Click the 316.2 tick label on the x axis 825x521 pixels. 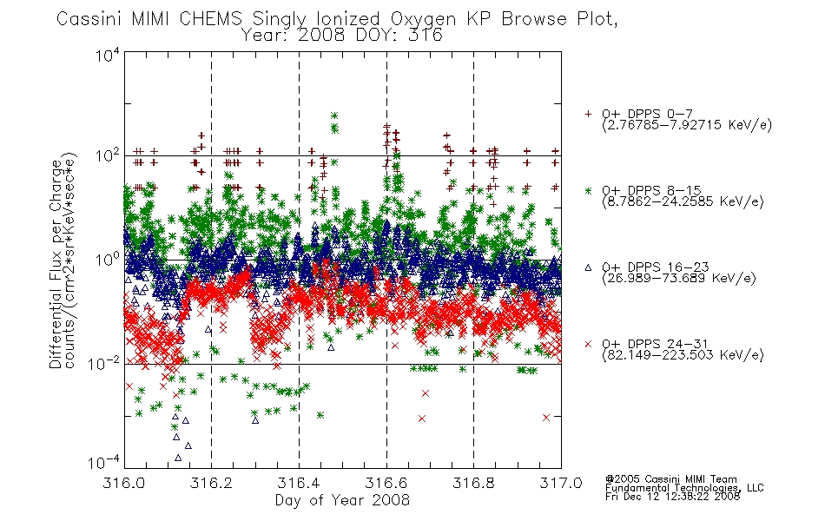click(211, 483)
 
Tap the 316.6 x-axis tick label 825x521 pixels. click(386, 483)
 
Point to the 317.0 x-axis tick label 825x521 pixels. click(561, 483)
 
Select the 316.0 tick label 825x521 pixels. click(124, 483)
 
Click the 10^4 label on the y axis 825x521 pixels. click(108, 55)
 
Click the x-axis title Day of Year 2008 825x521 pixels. click(342, 500)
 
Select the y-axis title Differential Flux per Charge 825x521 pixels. click(56, 264)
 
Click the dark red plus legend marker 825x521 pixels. click(588, 114)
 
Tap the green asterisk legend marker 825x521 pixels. click(588, 190)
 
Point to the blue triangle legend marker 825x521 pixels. click(588, 267)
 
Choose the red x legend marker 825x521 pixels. click(588, 344)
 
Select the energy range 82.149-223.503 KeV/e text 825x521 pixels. click(683, 355)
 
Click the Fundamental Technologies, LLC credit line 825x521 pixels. click(684, 488)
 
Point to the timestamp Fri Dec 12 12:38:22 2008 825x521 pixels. click(672, 497)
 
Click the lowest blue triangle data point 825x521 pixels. click(178, 458)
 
